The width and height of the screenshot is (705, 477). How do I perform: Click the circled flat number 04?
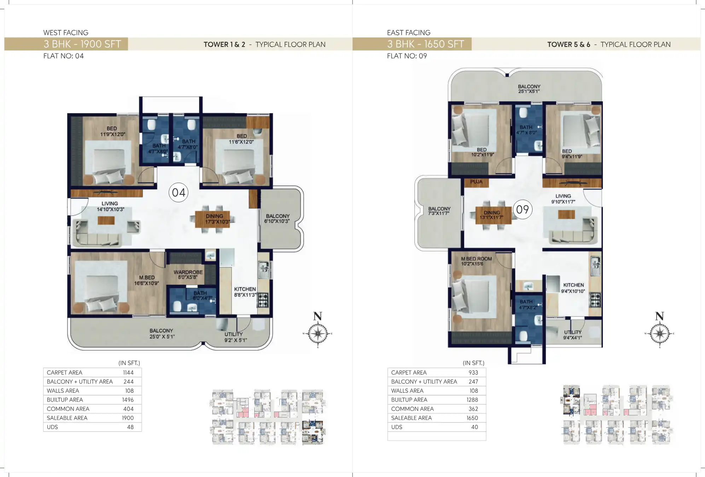(179, 193)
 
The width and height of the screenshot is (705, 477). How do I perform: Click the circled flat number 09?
(522, 210)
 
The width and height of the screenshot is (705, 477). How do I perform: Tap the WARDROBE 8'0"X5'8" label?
(188, 274)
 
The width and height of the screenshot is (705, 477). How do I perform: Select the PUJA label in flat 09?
(476, 182)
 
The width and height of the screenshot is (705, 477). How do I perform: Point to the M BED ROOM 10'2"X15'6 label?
(476, 261)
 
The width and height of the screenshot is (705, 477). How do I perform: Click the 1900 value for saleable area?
(128, 418)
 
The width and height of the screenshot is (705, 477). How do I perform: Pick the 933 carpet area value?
(473, 373)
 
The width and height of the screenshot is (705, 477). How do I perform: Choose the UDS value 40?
(474, 427)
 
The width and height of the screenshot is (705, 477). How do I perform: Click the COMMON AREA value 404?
(128, 409)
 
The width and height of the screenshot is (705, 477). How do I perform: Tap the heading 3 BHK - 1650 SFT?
(425, 44)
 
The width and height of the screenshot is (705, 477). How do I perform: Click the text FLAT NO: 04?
(64, 56)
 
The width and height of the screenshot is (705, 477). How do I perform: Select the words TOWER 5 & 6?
(569, 45)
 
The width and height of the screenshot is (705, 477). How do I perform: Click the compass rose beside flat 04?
(317, 333)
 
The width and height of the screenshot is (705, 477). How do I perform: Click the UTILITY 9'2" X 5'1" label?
(235, 337)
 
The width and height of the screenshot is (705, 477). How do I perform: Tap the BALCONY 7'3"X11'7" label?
(439, 211)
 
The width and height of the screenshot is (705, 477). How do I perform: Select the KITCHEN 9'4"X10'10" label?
(573, 288)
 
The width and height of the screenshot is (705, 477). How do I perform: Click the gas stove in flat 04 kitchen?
(263, 300)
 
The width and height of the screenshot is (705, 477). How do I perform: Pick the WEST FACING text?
(66, 33)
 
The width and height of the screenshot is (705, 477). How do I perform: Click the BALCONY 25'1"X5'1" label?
(529, 89)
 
